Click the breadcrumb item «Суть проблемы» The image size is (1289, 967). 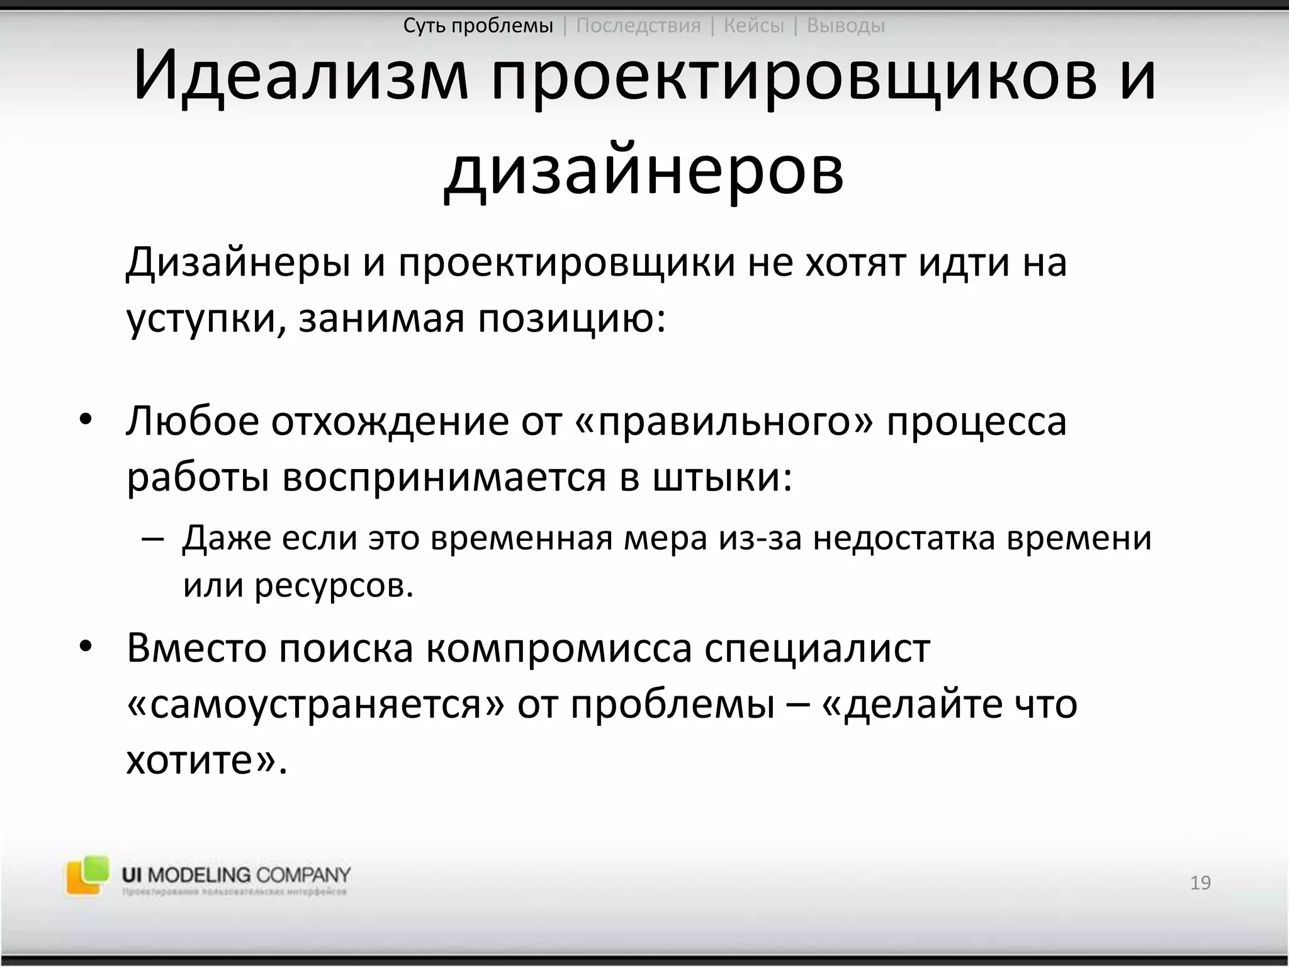coord(478,26)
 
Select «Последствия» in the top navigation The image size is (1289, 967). coord(638,26)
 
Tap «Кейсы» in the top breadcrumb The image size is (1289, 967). coord(753,26)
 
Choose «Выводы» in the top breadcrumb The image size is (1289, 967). coord(845,26)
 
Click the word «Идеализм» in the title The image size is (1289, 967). coord(301,77)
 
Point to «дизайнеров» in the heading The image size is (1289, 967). coord(643,171)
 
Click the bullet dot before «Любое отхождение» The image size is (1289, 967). coord(86,420)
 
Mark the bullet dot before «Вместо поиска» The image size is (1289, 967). coord(86,647)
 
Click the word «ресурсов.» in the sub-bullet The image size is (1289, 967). coord(334,585)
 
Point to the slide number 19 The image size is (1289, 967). coord(1200,883)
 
